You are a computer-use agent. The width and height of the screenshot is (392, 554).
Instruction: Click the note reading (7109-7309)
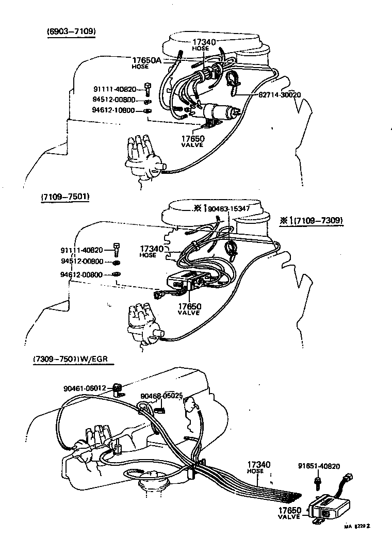pyautogui.click(x=312, y=220)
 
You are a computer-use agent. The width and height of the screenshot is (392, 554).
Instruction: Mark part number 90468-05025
pyautogui.click(x=162, y=396)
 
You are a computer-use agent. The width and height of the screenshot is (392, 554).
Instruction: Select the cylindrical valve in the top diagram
pyautogui.click(x=219, y=112)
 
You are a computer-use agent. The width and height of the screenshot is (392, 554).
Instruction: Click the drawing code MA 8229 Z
pyautogui.click(x=358, y=526)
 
